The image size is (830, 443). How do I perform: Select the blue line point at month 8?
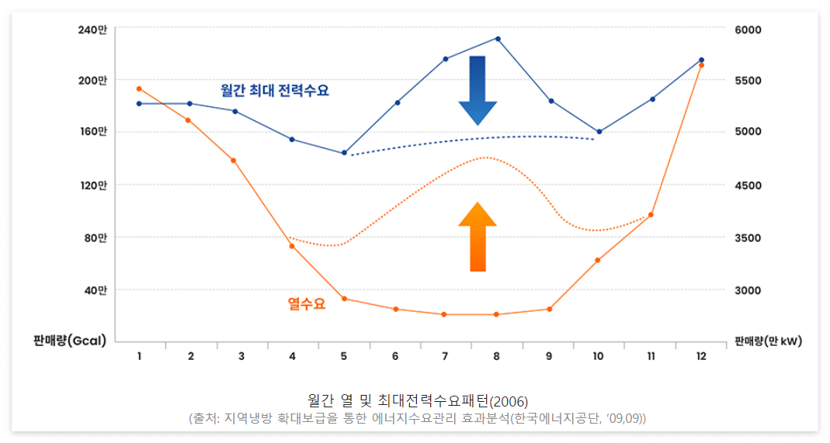point(498,39)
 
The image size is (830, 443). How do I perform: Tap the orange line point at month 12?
point(701,65)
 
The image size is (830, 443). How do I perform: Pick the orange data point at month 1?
point(139,88)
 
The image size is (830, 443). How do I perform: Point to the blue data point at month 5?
point(344,153)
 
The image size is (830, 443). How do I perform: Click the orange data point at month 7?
point(444,314)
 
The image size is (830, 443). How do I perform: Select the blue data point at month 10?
point(599,132)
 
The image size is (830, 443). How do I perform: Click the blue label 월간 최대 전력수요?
point(275,91)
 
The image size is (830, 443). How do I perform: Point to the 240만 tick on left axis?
point(93,29)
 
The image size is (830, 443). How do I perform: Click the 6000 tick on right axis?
point(748,29)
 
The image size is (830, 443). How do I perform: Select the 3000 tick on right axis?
point(748,290)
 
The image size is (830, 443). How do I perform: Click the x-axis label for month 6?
point(395,356)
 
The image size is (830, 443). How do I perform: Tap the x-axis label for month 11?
point(651,356)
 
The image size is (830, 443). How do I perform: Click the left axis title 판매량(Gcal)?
point(70,341)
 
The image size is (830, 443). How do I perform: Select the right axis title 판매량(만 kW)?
point(769,341)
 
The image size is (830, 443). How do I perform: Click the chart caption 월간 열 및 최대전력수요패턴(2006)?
point(418,401)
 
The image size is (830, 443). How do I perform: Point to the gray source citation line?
point(418,418)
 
